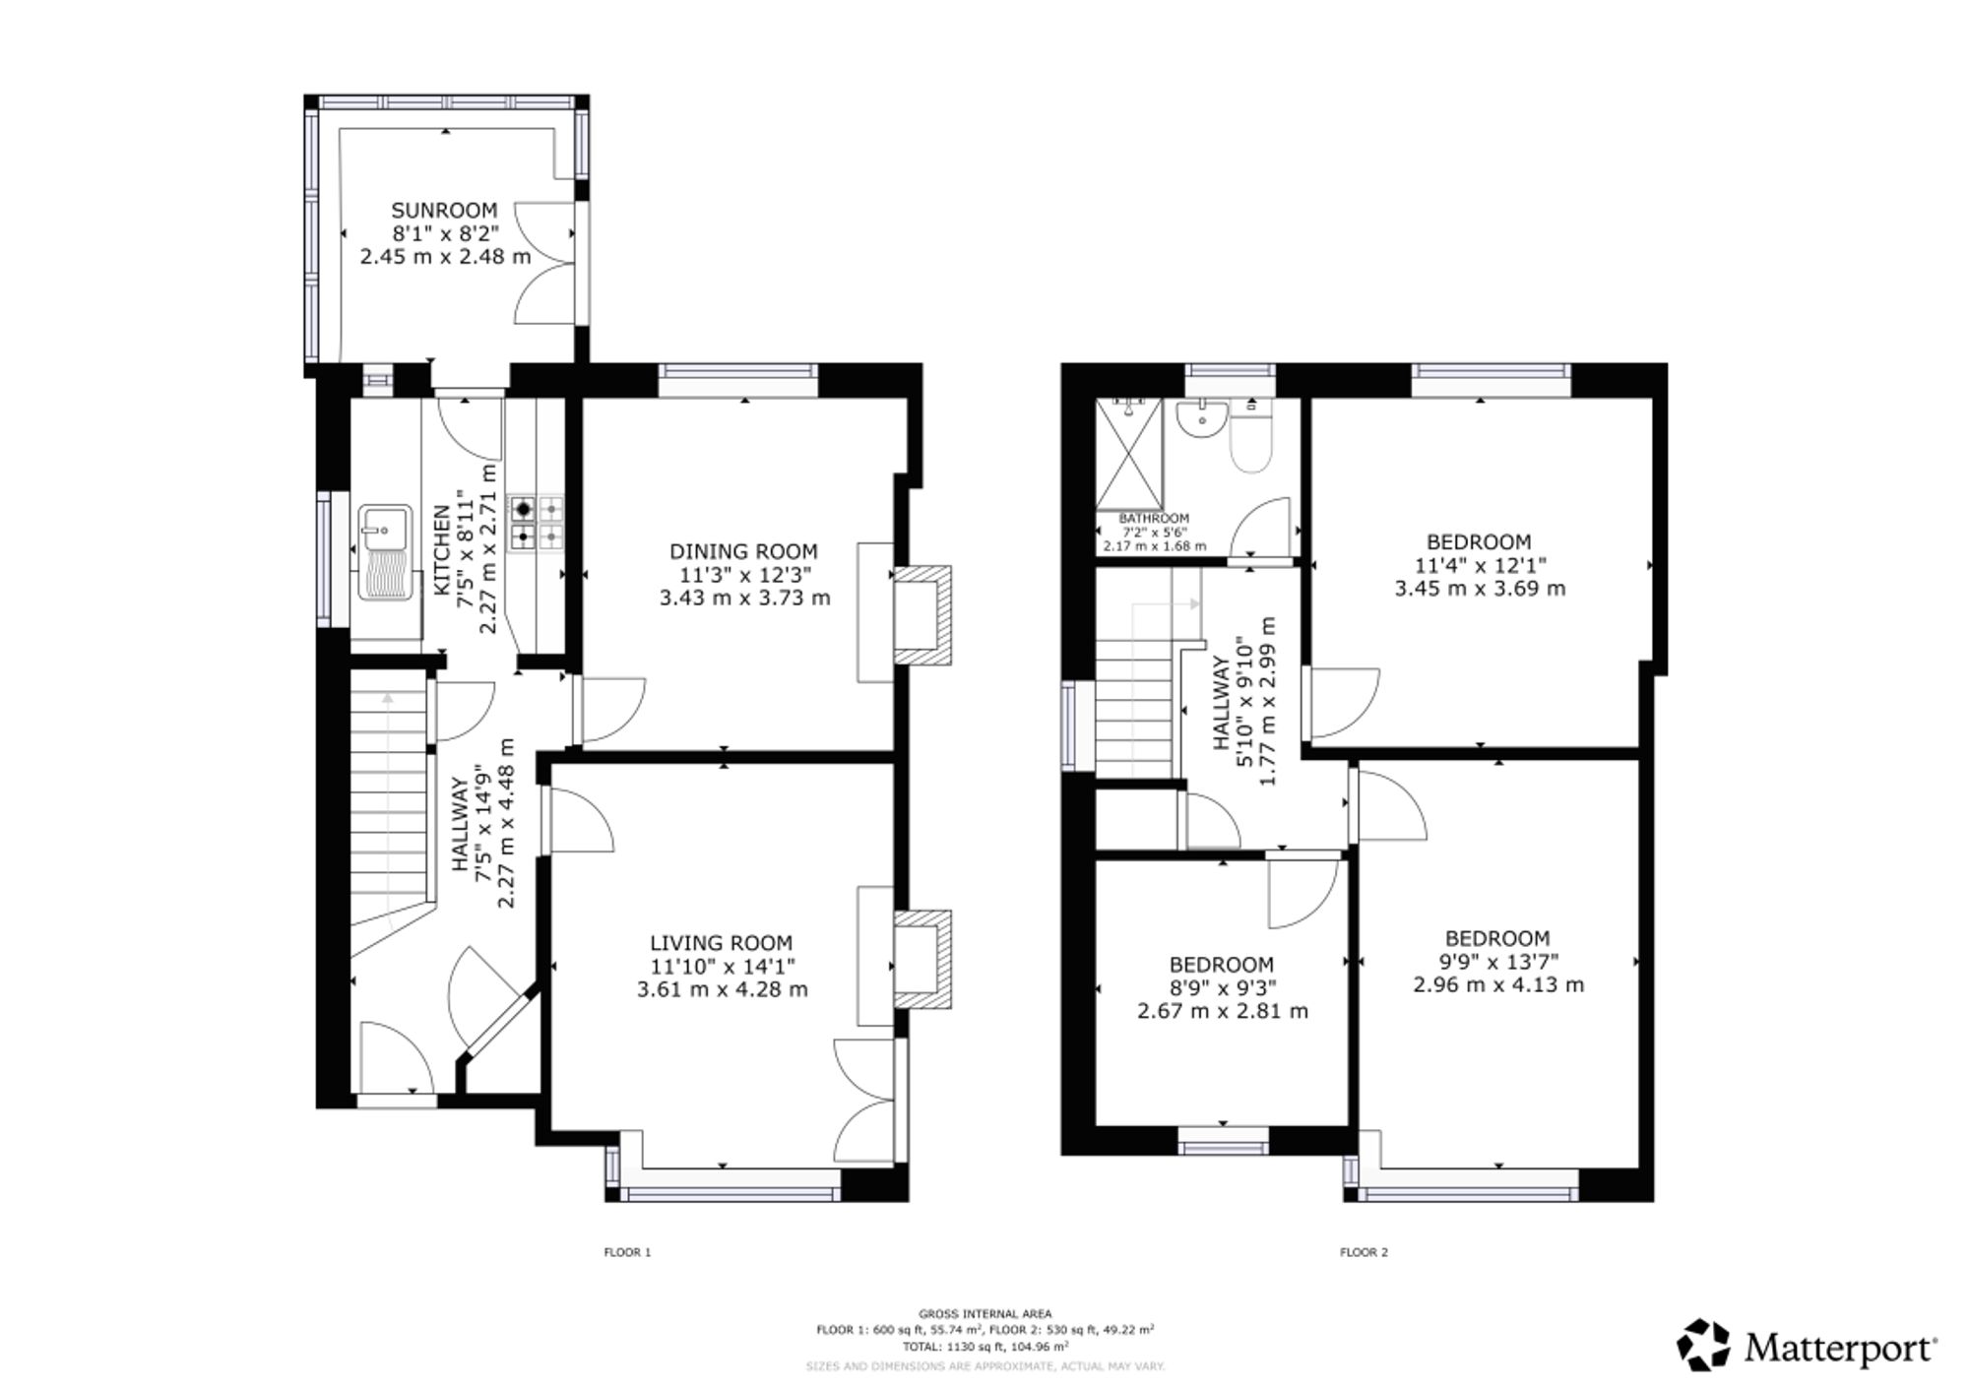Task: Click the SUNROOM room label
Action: (x=444, y=210)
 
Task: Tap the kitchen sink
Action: (x=385, y=552)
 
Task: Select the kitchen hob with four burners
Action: (x=536, y=523)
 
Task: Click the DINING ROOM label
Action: (x=743, y=551)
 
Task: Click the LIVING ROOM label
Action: (x=722, y=943)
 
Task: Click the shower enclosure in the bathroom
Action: (x=1129, y=454)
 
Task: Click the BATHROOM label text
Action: (x=1154, y=518)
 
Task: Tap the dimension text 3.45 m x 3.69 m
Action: (x=1480, y=589)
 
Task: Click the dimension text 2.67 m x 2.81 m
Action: (x=1223, y=1011)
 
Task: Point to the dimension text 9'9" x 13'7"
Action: (x=1498, y=962)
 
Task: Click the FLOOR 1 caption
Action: (x=628, y=1252)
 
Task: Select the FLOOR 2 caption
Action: (x=1364, y=1252)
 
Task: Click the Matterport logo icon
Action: (x=1704, y=1345)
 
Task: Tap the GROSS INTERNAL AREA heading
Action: (x=984, y=1313)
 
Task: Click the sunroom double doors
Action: (x=544, y=262)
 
